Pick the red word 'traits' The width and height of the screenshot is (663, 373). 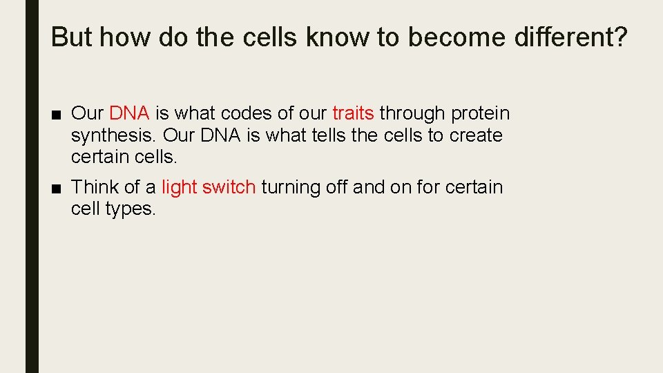point(353,113)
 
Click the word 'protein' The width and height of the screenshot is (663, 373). point(480,113)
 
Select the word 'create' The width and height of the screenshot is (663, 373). point(476,135)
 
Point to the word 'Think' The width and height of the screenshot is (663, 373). point(95,187)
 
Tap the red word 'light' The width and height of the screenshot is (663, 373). point(180,187)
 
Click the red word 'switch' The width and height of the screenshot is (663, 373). point(229,187)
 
